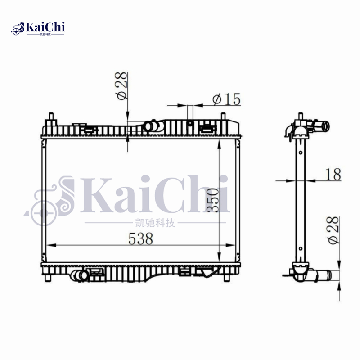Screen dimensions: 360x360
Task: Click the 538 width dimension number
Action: tap(141, 238)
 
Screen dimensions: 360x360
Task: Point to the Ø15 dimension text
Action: tap(226, 99)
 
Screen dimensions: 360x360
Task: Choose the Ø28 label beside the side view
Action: tap(333, 230)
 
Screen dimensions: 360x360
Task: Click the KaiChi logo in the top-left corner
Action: tap(38, 28)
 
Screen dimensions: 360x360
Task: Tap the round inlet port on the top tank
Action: tap(149, 126)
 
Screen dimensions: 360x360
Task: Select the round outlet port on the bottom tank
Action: tap(81, 275)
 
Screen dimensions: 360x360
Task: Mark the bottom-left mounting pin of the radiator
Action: tap(49, 277)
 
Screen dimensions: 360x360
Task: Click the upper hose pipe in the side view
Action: tap(321, 126)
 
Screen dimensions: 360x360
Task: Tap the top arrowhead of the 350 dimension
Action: tap(219, 143)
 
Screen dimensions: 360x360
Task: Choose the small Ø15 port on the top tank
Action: tap(190, 124)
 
